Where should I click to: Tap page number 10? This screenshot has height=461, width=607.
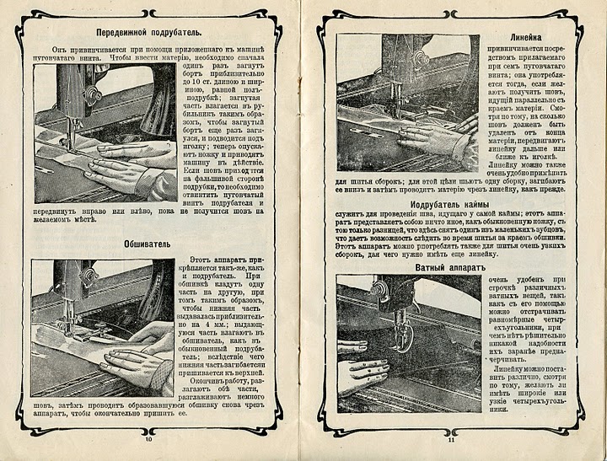coord(148,438)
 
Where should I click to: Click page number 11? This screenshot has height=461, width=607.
coord(451,438)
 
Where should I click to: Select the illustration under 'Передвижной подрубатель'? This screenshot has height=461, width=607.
coord(104,131)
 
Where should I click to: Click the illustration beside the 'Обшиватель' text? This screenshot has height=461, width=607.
coord(102,327)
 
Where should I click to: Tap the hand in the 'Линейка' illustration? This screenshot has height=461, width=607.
coord(435,136)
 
